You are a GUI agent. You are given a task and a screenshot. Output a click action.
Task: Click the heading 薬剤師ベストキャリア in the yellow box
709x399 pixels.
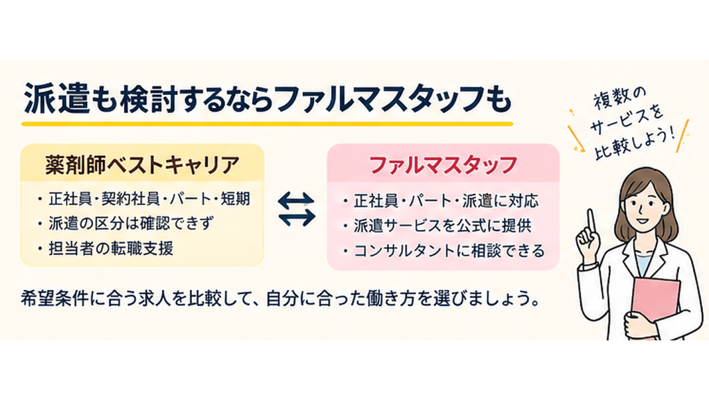click(142, 164)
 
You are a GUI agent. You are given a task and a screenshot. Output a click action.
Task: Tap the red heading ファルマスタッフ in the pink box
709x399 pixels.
click(443, 165)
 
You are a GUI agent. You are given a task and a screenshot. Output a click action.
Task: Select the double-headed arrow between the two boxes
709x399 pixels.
click(296, 209)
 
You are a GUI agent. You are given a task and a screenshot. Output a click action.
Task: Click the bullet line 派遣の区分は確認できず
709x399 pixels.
click(131, 224)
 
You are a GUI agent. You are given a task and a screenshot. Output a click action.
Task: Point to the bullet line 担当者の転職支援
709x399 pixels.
click(111, 249)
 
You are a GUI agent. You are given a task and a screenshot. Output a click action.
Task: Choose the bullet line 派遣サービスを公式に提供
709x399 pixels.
click(442, 226)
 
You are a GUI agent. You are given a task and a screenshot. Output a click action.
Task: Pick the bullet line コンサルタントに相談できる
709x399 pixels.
click(449, 251)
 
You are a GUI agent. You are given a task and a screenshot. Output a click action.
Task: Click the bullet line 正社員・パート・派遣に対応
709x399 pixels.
click(446, 201)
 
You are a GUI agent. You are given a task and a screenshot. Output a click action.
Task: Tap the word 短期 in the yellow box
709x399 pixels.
click(235, 199)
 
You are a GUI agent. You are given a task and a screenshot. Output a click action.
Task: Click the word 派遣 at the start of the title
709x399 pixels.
click(57, 98)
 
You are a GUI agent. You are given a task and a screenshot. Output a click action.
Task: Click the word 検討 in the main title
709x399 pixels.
click(153, 98)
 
